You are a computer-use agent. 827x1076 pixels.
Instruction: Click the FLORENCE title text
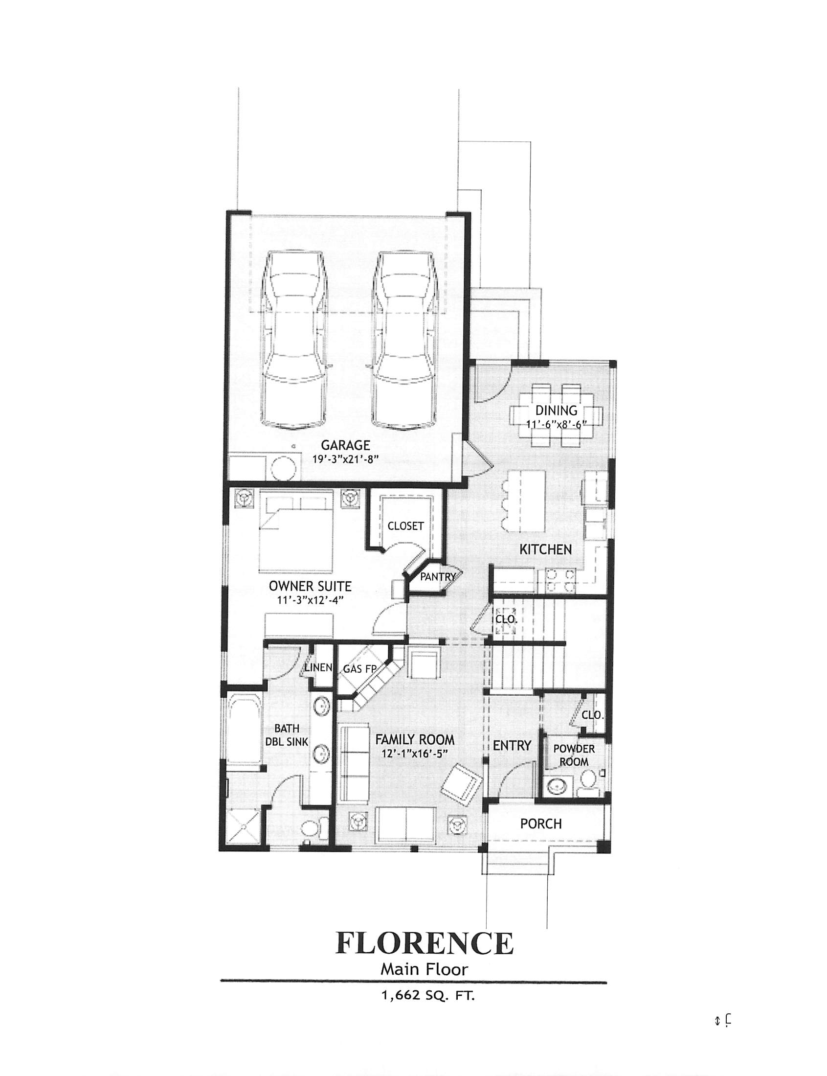[425, 942]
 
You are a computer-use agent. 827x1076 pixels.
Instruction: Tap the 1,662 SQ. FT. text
[427, 995]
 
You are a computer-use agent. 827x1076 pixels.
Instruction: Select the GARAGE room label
[345, 445]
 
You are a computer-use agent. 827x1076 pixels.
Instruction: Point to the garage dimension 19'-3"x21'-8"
[345, 459]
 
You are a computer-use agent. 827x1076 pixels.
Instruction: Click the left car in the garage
[294, 340]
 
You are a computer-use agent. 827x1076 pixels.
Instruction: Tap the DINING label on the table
[556, 410]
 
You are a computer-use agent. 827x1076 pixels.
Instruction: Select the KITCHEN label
[545, 549]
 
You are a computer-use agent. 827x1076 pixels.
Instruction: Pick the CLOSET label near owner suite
[405, 526]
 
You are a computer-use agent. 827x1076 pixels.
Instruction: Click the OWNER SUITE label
[310, 587]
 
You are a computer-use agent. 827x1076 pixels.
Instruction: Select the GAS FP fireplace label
[359, 669]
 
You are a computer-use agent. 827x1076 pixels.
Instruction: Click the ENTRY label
[512, 746]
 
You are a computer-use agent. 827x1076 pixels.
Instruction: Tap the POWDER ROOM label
[574, 755]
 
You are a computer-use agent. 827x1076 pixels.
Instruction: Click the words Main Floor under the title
[425, 969]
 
